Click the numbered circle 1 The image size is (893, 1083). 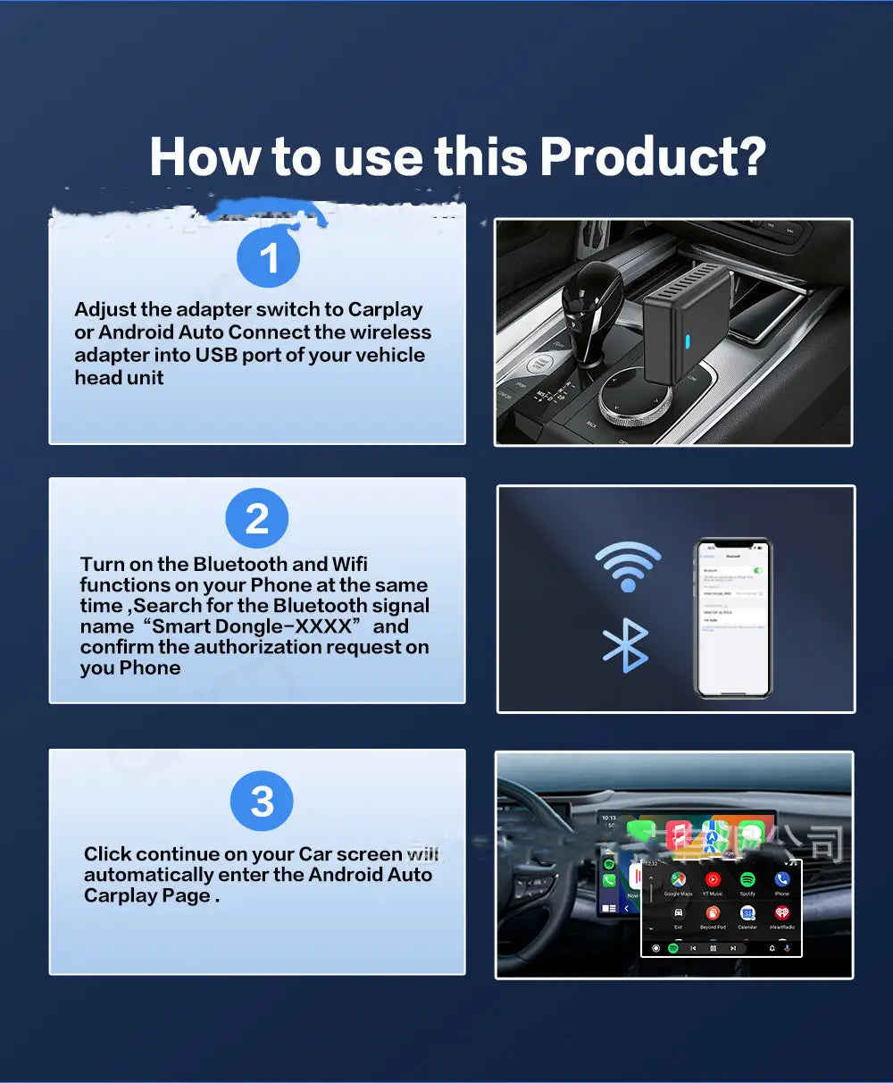click(268, 257)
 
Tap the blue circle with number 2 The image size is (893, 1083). click(256, 518)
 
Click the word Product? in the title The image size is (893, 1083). click(652, 156)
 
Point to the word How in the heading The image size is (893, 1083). click(205, 156)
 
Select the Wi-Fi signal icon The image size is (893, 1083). click(628, 565)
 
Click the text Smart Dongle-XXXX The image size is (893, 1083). click(252, 626)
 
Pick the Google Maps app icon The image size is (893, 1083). click(679, 880)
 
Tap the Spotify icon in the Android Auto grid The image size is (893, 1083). click(747, 880)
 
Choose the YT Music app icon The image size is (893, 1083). click(713, 880)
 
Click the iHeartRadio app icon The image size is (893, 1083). click(781, 913)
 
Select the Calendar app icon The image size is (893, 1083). click(747, 913)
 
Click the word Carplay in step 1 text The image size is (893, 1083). click(385, 310)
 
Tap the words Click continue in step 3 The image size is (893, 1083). click(151, 854)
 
